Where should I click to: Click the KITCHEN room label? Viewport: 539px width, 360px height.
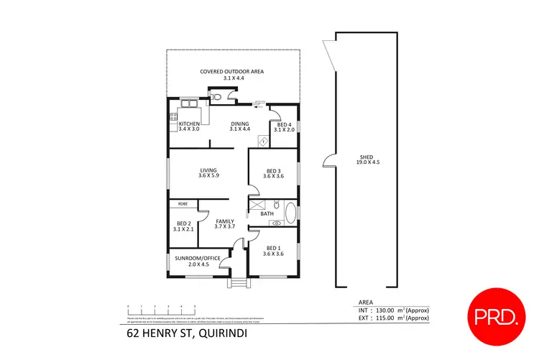[x=189, y=124]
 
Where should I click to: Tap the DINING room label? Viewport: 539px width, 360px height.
[x=239, y=124]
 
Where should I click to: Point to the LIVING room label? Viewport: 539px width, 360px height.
[x=208, y=170]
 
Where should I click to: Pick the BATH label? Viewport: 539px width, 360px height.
[x=267, y=213]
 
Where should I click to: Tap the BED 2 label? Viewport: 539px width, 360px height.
[x=184, y=223]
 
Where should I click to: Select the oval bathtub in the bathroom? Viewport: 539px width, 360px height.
[x=290, y=213]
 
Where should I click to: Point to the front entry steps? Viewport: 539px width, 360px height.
[x=236, y=281]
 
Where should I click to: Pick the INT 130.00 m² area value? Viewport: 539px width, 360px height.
[x=389, y=310]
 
